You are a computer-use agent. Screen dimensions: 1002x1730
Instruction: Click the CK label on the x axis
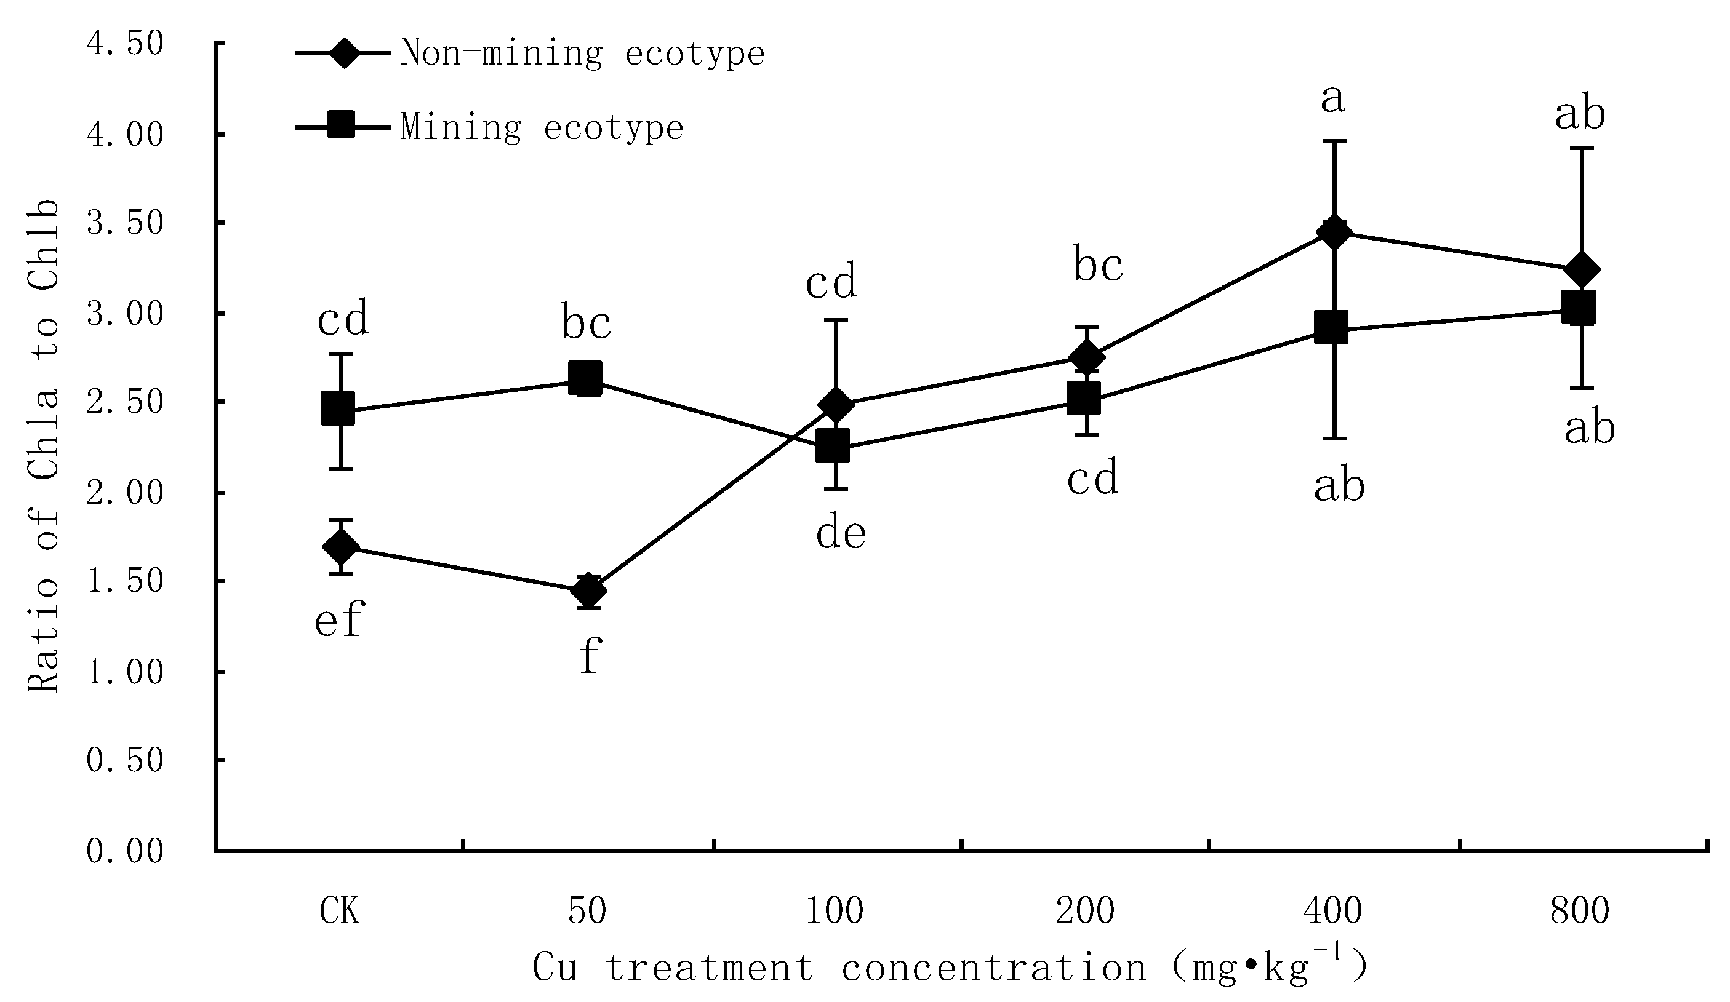340,912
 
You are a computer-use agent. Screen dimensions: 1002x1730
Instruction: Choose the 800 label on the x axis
1580,912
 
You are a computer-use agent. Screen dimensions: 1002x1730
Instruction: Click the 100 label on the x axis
834,912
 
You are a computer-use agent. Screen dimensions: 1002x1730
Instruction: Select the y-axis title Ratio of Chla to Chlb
43,446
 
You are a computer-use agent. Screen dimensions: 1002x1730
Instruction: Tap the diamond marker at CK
341,547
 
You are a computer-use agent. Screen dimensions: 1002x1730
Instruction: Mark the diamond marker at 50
588,590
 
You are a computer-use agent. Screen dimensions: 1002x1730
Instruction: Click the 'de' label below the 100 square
840,533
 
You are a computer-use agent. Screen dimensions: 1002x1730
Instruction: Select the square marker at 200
1084,398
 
